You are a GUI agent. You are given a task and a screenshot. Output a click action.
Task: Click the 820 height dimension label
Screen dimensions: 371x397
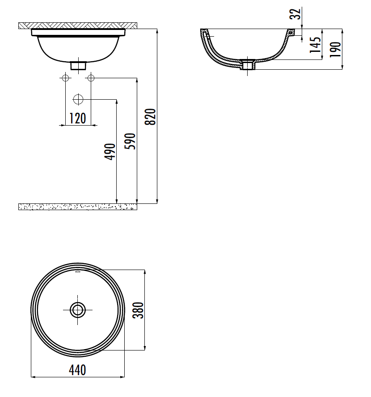click(x=150, y=117)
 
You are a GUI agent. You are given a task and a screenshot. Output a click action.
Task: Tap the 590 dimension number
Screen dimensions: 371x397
click(x=130, y=141)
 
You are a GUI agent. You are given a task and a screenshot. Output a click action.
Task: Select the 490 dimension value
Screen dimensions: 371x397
click(x=110, y=152)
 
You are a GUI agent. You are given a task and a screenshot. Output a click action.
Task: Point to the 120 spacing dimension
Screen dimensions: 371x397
click(x=78, y=118)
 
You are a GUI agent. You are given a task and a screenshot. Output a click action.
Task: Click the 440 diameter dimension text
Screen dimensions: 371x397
click(x=77, y=370)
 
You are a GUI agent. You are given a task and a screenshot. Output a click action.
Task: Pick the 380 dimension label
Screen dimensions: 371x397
click(x=138, y=310)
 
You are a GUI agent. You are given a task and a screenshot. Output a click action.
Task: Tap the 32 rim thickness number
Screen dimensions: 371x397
click(x=295, y=14)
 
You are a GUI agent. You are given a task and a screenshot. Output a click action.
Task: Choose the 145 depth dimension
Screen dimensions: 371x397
click(x=315, y=45)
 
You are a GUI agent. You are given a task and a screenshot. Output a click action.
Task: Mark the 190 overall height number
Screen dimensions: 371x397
click(x=336, y=49)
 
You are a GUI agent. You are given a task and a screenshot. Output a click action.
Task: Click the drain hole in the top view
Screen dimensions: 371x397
click(x=77, y=310)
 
